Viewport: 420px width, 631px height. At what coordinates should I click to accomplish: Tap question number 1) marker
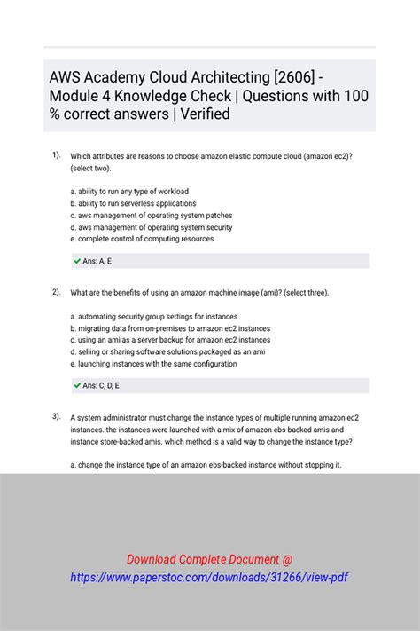tap(56, 154)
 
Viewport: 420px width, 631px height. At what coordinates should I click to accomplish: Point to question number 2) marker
tap(56, 291)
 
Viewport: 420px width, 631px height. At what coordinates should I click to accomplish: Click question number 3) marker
tap(56, 415)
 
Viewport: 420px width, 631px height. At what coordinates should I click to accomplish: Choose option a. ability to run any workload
tap(129, 192)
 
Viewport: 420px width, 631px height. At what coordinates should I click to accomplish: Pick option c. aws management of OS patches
tap(152, 216)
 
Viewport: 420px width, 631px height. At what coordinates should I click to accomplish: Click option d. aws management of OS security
tap(152, 227)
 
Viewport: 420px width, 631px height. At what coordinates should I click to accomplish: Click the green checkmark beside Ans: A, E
tap(77, 261)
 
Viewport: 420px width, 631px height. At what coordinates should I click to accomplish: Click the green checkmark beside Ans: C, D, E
tap(77, 385)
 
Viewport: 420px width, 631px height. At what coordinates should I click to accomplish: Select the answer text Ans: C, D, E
tap(102, 386)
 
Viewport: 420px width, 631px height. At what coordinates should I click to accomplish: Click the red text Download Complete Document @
tap(209, 559)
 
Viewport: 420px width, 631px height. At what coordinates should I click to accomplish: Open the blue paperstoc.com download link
tap(209, 578)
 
